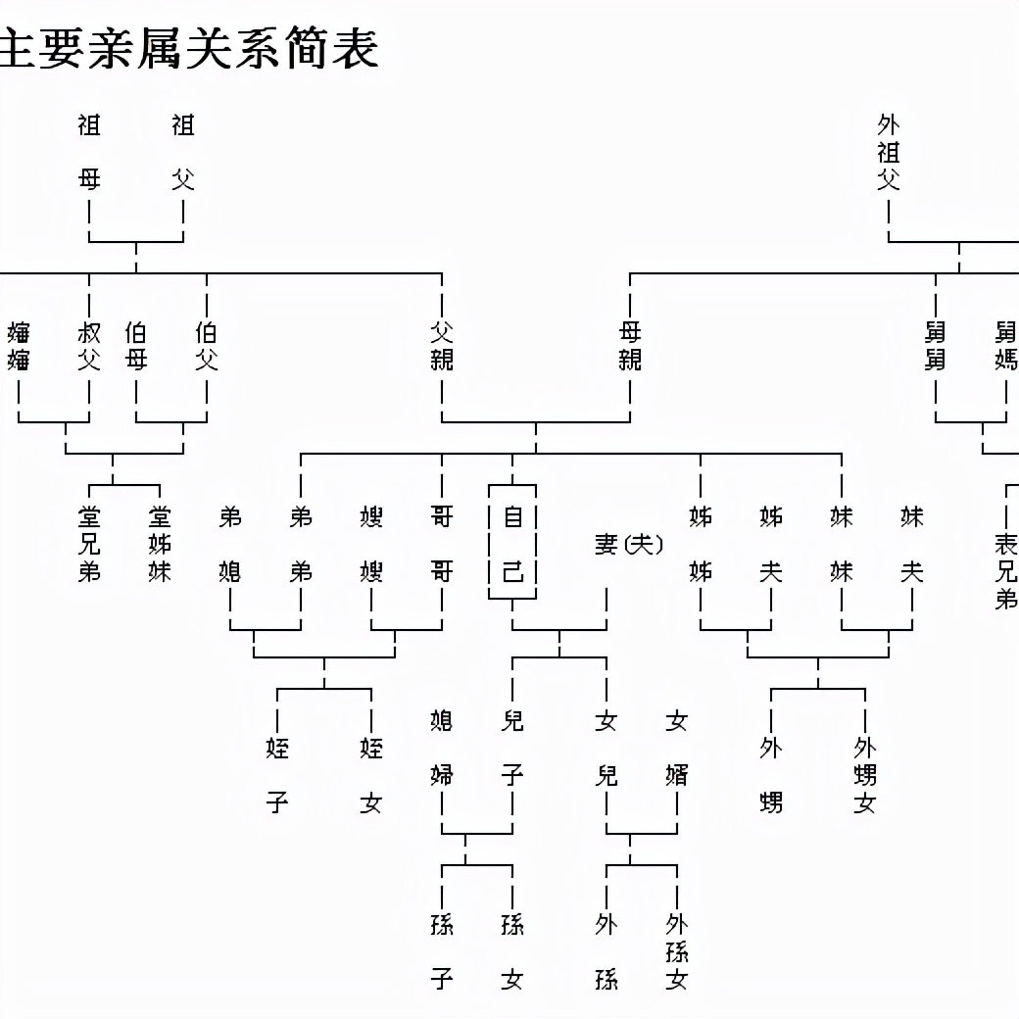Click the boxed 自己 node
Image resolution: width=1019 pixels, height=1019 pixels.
pos(512,543)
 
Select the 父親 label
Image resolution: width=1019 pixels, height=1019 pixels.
pos(442,346)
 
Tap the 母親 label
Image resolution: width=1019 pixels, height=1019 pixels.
pos(630,346)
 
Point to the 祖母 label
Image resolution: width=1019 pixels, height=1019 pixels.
pos(89,152)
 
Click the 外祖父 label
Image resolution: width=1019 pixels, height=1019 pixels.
pos(889,152)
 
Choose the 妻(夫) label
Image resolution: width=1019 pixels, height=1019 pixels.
pos(628,544)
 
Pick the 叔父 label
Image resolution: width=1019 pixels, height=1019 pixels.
pos(89,346)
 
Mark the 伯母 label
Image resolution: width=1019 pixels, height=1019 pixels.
pos(136,346)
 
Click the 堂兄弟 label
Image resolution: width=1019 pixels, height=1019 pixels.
pos(89,544)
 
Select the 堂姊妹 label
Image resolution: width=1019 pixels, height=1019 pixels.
pos(160,544)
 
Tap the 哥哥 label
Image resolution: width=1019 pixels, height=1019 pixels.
pos(442,544)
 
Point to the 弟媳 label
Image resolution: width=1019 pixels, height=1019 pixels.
pos(230,544)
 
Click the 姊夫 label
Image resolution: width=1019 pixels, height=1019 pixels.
pos(771,544)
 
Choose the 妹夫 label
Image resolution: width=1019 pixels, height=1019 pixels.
pos(912,544)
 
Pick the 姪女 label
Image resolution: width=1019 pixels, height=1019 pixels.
pos(371,776)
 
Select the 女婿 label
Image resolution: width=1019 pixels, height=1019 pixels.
pos(677,749)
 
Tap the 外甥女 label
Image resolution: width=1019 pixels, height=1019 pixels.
pos(865,776)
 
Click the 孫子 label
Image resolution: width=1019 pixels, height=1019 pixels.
pos(442,951)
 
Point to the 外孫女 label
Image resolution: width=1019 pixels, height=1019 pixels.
pos(677,951)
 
